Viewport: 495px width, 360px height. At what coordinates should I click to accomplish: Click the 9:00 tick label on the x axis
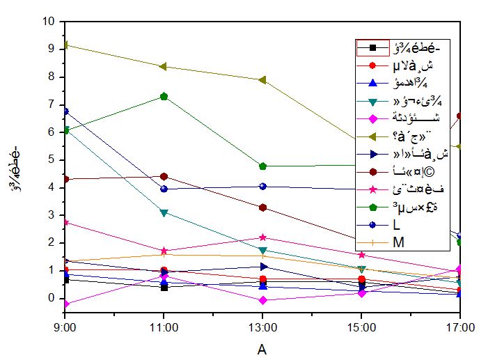(x=65, y=324)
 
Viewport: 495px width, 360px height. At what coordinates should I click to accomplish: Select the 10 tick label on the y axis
(x=48, y=21)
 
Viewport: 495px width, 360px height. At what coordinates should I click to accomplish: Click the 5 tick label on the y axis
(x=51, y=159)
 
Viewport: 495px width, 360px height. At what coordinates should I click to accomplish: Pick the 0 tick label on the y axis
(x=51, y=298)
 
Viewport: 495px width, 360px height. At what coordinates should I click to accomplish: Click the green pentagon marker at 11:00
(x=164, y=96)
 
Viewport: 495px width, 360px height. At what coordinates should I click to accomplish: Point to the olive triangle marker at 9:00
(x=65, y=45)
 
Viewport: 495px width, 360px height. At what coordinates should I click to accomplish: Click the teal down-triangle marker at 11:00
(x=164, y=212)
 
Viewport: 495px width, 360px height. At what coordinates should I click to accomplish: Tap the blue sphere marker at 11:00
(x=164, y=189)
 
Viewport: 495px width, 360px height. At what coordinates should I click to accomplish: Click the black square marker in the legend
(x=373, y=47)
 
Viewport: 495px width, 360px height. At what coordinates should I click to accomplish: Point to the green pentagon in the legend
(x=373, y=209)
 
